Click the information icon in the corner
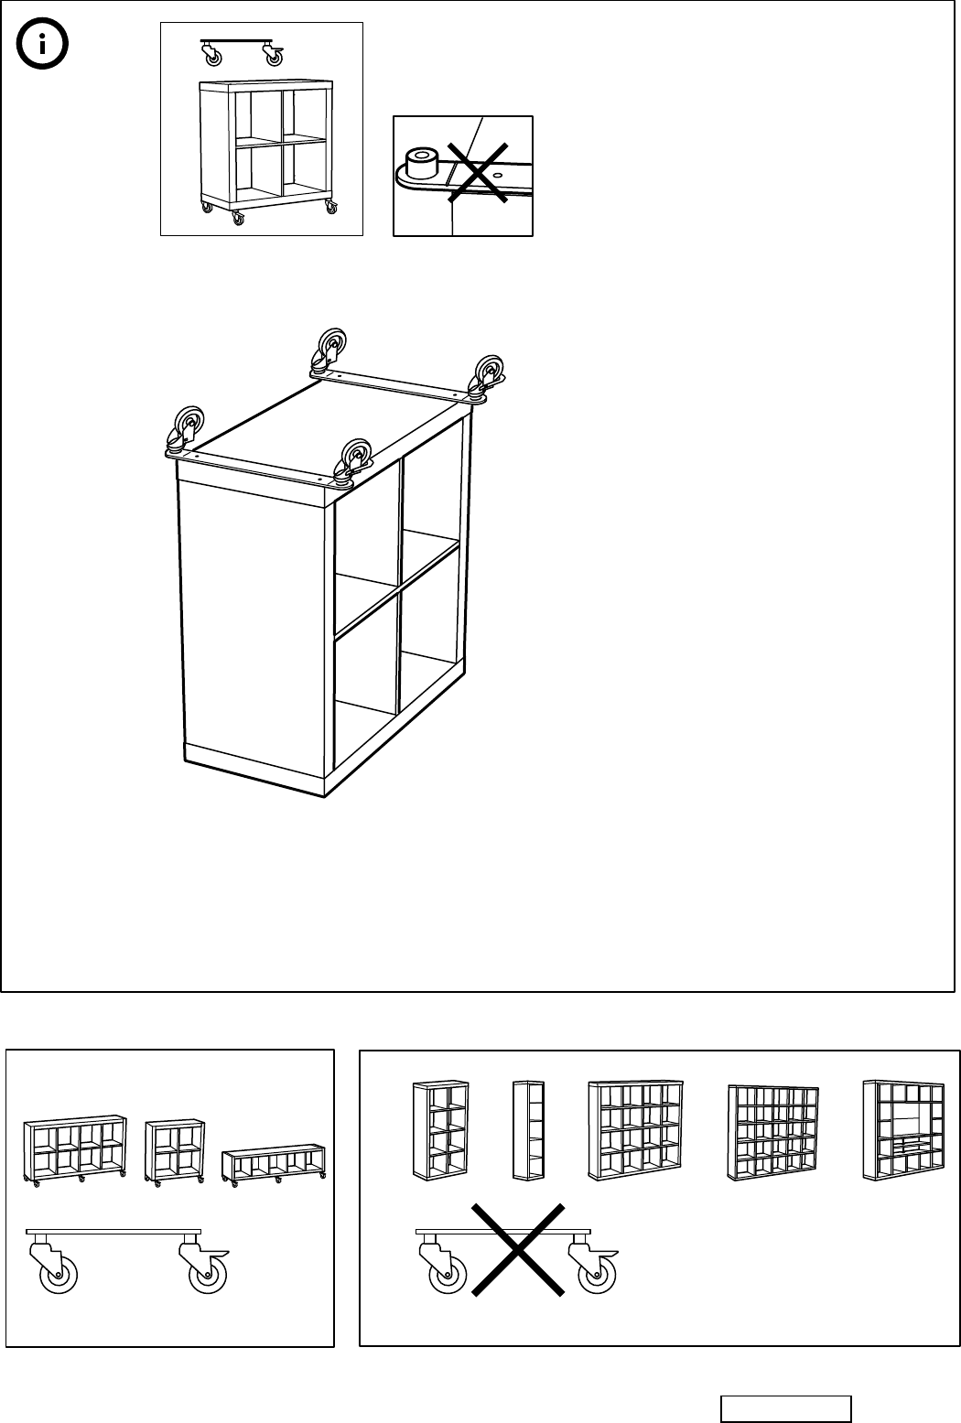point(44,45)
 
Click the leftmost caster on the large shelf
point(186,430)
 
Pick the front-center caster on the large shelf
point(354,458)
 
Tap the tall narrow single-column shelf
point(528,1130)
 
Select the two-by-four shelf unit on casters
point(75,1149)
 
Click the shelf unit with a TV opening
point(902,1130)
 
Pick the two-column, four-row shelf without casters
point(440,1129)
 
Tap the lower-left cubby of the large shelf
point(366,673)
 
